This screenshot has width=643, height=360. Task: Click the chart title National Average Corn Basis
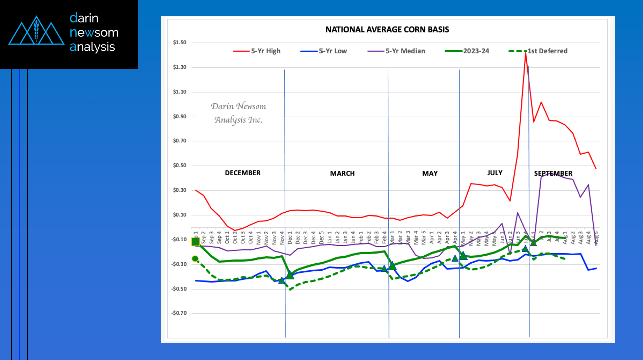pyautogui.click(x=387, y=30)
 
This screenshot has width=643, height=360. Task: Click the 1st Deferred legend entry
pyautogui.click(x=547, y=51)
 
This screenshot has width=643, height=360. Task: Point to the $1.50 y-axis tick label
pyautogui.click(x=179, y=43)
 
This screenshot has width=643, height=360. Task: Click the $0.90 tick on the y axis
pyautogui.click(x=179, y=117)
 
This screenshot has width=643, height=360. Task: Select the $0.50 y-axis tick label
pyautogui.click(x=179, y=166)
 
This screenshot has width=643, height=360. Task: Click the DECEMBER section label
pyautogui.click(x=242, y=173)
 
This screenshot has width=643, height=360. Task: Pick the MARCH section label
pyautogui.click(x=342, y=173)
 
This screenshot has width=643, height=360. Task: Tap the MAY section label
pyautogui.click(x=430, y=173)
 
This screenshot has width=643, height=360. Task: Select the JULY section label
pyautogui.click(x=495, y=173)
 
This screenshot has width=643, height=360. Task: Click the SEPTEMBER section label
pyautogui.click(x=553, y=173)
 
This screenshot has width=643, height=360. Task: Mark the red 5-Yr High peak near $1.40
pyautogui.click(x=525, y=53)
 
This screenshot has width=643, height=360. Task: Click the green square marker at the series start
pyautogui.click(x=196, y=242)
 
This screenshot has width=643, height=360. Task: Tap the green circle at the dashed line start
pyautogui.click(x=195, y=259)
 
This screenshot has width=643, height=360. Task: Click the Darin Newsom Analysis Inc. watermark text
pyautogui.click(x=238, y=113)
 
